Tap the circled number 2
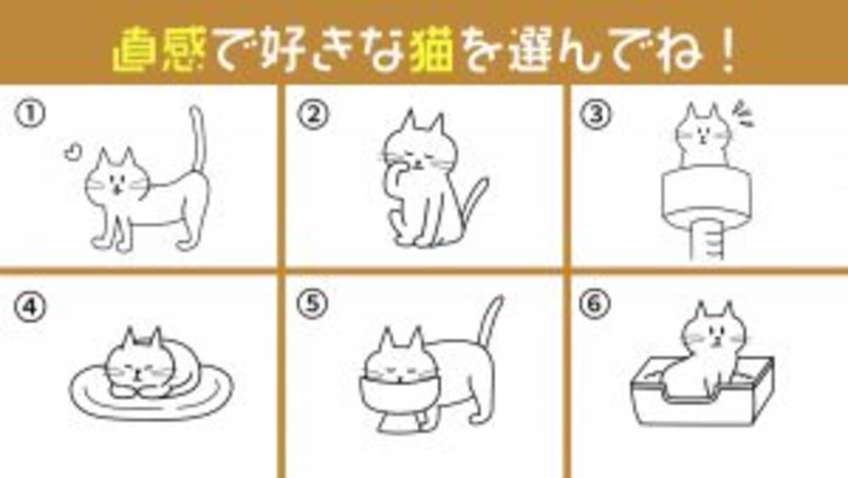(x=312, y=115)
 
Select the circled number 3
(x=596, y=115)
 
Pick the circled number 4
(x=30, y=306)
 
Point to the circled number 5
(x=312, y=304)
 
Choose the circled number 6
(x=595, y=304)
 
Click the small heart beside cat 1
(x=72, y=151)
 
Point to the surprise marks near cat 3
(x=743, y=114)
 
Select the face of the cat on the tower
(x=703, y=135)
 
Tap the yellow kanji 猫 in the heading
(x=432, y=50)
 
